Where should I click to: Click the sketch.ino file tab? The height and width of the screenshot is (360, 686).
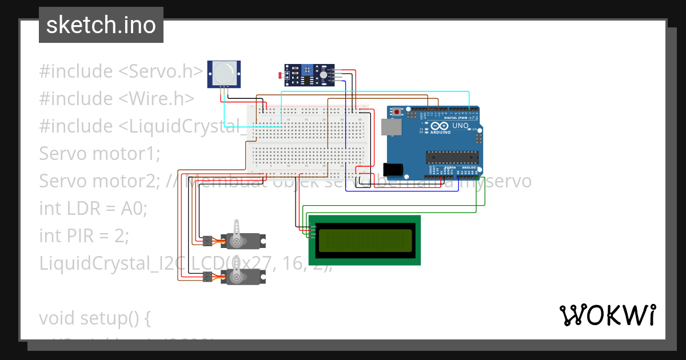(x=101, y=25)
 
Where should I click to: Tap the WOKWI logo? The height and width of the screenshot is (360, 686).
(x=607, y=315)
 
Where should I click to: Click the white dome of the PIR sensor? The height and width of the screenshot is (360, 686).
(x=224, y=73)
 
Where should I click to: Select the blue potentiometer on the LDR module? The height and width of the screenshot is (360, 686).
(x=308, y=70)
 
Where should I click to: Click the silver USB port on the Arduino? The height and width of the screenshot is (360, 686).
(x=391, y=127)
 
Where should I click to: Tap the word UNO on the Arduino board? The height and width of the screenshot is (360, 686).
(x=460, y=126)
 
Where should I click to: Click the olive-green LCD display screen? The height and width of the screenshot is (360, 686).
(x=365, y=241)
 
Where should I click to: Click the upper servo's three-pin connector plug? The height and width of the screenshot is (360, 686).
(x=207, y=241)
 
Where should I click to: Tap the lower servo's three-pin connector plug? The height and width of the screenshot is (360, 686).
(x=207, y=277)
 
